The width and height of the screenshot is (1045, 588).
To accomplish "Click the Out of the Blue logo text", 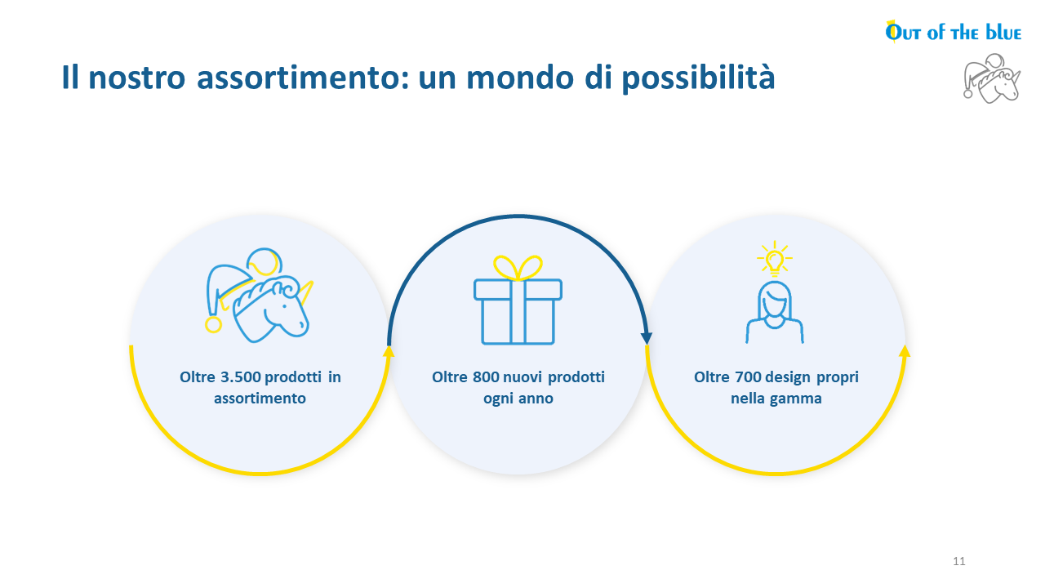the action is point(953,32).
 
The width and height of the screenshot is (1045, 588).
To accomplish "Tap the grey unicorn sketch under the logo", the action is point(992,78).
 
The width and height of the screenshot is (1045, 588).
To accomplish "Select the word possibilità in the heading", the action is point(698,78).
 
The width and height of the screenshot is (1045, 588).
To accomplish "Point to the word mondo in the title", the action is point(520,78).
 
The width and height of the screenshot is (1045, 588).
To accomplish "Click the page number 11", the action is point(958,561).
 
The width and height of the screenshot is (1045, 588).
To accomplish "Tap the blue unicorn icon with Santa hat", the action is point(259,295).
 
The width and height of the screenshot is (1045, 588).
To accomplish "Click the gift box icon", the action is point(518,300).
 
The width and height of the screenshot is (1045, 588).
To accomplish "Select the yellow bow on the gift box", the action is point(518,267).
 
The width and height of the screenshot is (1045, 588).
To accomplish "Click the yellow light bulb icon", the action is point(775,259).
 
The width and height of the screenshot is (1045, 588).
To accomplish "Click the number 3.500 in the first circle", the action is point(240,376).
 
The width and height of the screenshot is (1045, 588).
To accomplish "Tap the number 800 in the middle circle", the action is point(486,376).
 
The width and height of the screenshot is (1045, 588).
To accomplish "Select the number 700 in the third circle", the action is point(748,376).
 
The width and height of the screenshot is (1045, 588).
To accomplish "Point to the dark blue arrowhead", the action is point(646,338).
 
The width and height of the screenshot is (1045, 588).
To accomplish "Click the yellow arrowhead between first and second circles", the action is point(389,351).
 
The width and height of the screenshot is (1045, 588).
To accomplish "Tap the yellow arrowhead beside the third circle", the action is point(904,351).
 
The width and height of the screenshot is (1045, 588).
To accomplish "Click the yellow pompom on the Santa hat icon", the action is point(213,325).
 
